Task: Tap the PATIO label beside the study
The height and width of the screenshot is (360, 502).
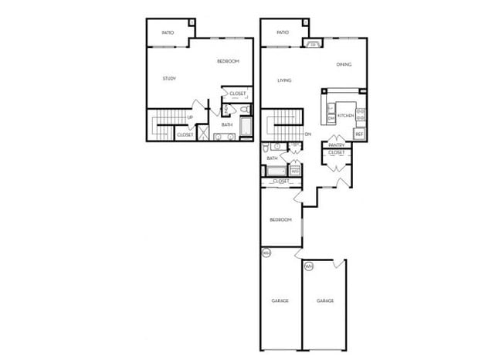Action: click(168, 32)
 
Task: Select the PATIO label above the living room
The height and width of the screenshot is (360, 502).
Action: click(282, 32)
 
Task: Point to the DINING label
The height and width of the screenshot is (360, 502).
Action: click(344, 64)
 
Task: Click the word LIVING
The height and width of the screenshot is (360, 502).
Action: click(283, 80)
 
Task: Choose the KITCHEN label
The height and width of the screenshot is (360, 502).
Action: click(345, 116)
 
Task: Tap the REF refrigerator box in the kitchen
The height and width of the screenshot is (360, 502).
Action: click(359, 134)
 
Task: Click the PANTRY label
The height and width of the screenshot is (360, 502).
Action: click(336, 145)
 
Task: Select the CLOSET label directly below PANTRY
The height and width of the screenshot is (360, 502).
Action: click(337, 153)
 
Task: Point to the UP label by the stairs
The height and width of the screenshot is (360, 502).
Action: click(190, 117)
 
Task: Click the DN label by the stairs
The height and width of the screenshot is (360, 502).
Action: click(307, 134)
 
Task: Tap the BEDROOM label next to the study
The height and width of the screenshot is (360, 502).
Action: click(228, 61)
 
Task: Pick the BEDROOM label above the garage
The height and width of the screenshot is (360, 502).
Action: click(280, 220)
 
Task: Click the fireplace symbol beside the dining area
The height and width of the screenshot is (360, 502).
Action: click(314, 44)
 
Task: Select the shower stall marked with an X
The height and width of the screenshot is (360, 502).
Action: click(203, 133)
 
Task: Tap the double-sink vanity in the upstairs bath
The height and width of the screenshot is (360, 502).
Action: click(225, 137)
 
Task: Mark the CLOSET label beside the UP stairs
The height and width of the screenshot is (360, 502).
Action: click(185, 135)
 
